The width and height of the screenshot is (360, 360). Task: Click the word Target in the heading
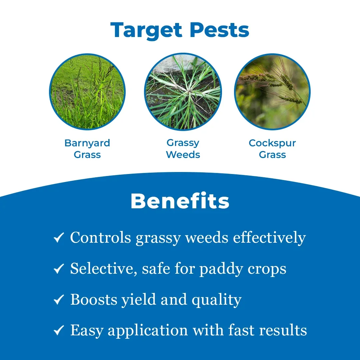[x=146, y=30]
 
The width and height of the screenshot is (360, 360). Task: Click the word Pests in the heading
[x=219, y=30]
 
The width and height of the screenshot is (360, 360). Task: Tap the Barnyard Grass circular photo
[x=87, y=92]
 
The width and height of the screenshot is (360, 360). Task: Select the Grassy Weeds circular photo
[x=183, y=92]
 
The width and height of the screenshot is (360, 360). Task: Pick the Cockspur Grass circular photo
[x=272, y=92]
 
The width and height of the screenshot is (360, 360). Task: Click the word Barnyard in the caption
[x=87, y=143]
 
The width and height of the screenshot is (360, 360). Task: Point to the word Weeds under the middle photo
[x=183, y=155]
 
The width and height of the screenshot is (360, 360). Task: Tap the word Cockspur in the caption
[x=272, y=143]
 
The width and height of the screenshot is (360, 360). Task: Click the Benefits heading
[x=180, y=201]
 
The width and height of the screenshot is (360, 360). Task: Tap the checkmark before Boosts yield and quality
[x=59, y=299]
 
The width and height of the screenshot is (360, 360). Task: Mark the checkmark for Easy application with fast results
[x=59, y=330]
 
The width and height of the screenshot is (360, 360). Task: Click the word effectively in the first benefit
[x=269, y=238]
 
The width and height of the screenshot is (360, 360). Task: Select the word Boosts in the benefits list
[x=93, y=300]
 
